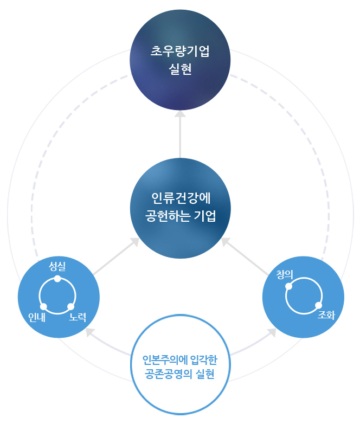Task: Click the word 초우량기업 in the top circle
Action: [x=180, y=53]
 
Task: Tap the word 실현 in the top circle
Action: [x=180, y=70]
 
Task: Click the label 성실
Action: [x=58, y=266]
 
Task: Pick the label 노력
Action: [x=78, y=317]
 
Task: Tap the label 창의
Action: [x=284, y=275]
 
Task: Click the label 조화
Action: [x=326, y=314]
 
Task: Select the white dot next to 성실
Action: [x=58, y=279]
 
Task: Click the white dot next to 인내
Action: [x=43, y=307]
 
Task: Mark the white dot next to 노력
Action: [x=70, y=307]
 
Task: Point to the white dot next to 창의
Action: [x=288, y=286]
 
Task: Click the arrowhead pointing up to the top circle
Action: [x=180, y=113]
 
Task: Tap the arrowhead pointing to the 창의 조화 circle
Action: [x=271, y=332]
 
